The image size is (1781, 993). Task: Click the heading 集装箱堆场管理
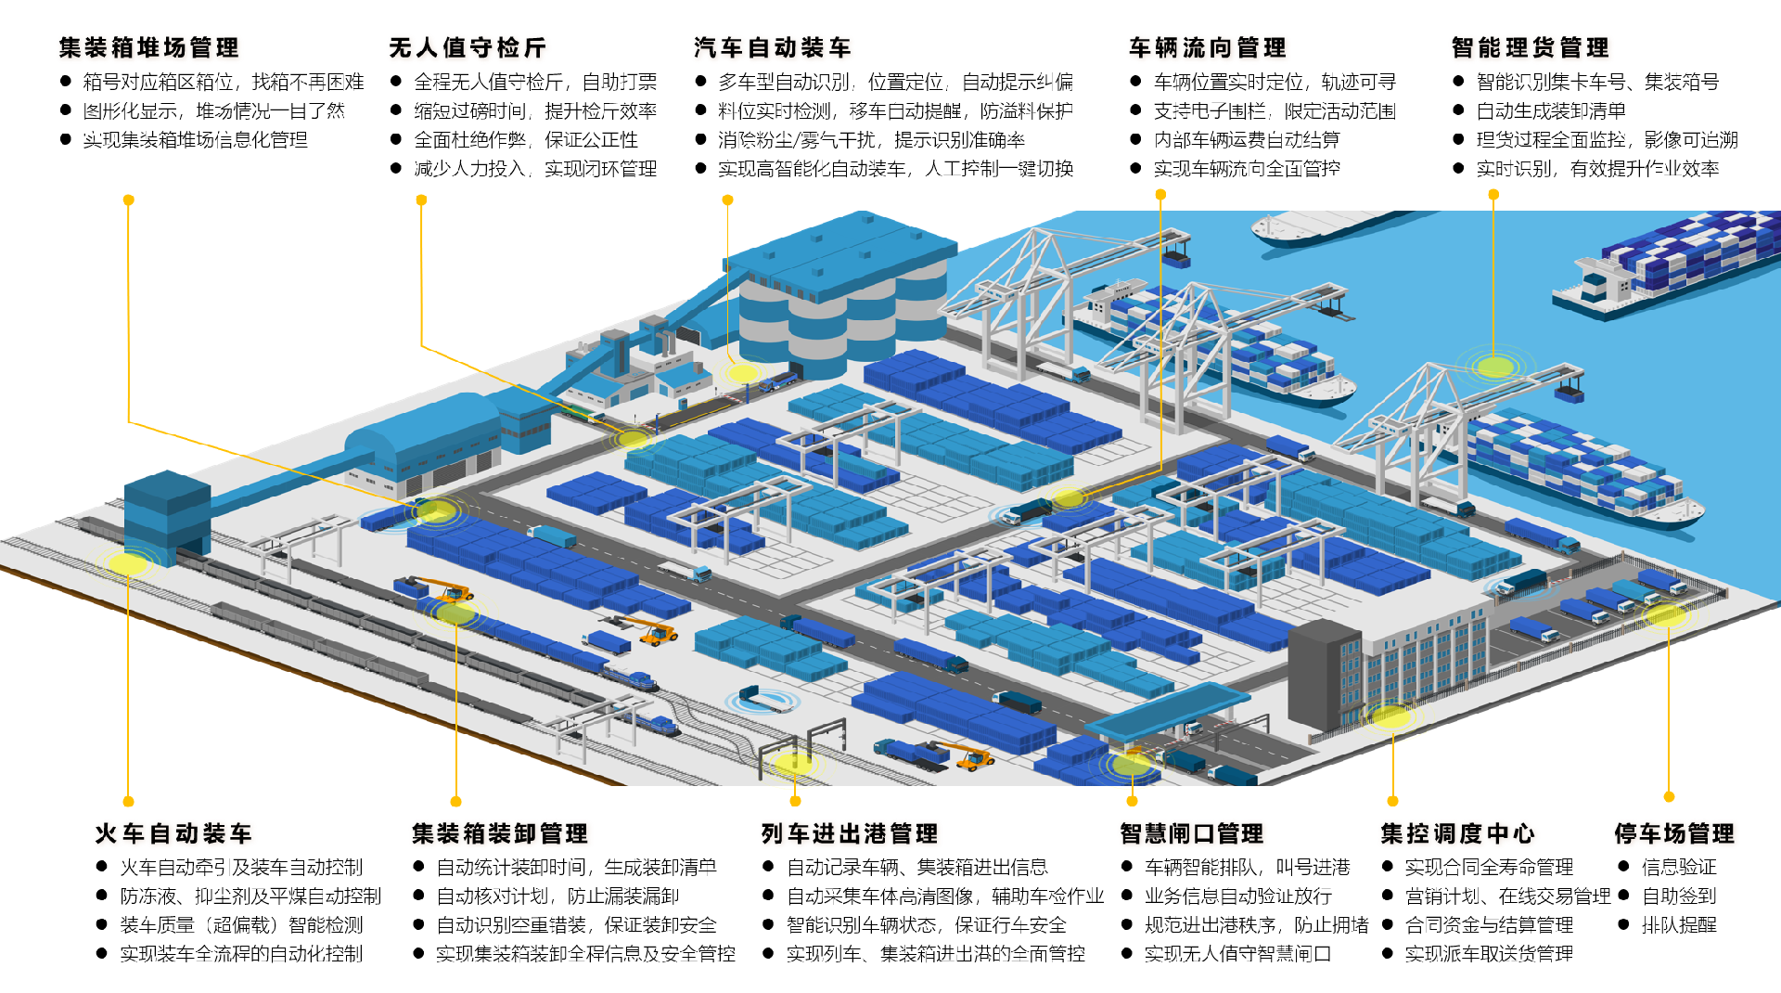pyautogui.click(x=148, y=47)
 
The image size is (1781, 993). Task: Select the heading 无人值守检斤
pyautogui.click(x=468, y=47)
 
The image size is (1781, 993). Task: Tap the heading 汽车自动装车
pyautogui.click(x=772, y=47)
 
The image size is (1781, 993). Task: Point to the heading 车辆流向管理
pyautogui.click(x=1207, y=47)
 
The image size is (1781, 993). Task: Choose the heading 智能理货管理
pyautogui.click(x=1530, y=47)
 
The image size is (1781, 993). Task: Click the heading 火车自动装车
pyautogui.click(x=173, y=833)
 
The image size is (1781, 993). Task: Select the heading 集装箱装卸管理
pyautogui.click(x=500, y=833)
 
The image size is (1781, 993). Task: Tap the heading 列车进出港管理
pyautogui.click(x=849, y=833)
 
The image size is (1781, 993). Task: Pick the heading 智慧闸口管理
pyautogui.click(x=1191, y=833)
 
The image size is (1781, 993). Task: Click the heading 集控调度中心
pyautogui.click(x=1457, y=833)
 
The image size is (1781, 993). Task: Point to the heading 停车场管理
pyautogui.click(x=1673, y=833)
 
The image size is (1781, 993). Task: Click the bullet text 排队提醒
pyautogui.click(x=1679, y=924)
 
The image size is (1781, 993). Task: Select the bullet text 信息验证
pyautogui.click(x=1679, y=867)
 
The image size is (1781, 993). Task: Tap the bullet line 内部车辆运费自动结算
pyautogui.click(x=1246, y=140)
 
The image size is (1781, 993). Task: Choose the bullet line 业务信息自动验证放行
pyautogui.click(x=1237, y=896)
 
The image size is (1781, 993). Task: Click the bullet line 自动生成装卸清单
pyautogui.click(x=1550, y=111)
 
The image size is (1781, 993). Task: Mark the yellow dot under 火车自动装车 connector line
pyautogui.click(x=129, y=801)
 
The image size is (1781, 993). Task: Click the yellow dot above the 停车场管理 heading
pyautogui.click(x=1669, y=796)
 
